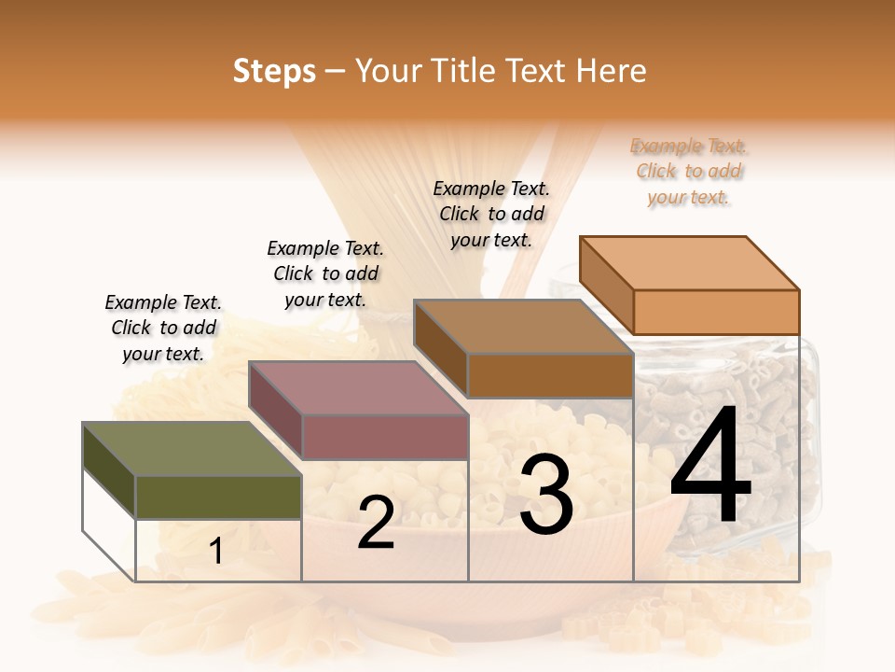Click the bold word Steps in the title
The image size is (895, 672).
pos(274,71)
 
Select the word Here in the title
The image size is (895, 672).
pos(611,71)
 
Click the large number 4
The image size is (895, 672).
pos(710,467)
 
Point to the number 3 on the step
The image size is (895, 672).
pos(545,495)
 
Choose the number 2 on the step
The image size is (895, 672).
pos(376,523)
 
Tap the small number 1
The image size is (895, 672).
pos(216,552)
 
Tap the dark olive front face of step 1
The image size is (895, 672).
pos(218,497)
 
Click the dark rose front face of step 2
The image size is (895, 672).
pos(384,437)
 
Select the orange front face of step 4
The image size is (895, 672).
pos(716,312)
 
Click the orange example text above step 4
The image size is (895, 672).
pos(689,172)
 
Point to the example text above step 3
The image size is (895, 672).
pos(491,214)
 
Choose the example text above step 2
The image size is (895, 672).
pos(325,273)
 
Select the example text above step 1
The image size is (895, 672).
pos(163,328)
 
